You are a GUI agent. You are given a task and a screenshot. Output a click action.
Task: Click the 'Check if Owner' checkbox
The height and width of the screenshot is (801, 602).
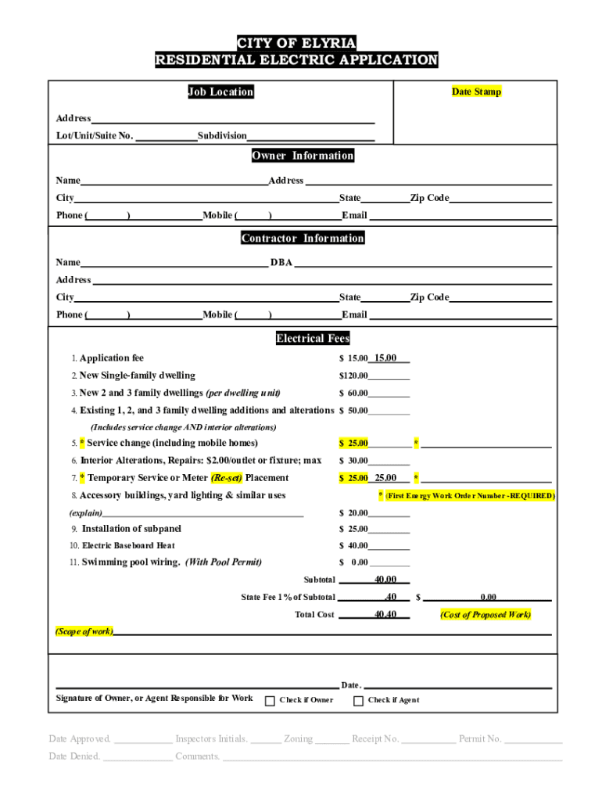click(x=270, y=700)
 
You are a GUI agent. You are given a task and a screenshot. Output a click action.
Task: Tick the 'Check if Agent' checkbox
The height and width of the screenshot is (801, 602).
click(x=358, y=700)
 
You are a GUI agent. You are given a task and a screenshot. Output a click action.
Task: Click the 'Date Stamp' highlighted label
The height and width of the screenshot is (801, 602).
click(x=476, y=92)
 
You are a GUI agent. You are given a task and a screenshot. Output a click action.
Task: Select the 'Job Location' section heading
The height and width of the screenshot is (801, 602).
click(x=220, y=92)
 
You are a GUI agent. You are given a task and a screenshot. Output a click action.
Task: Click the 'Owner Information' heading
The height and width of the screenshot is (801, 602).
click(x=303, y=156)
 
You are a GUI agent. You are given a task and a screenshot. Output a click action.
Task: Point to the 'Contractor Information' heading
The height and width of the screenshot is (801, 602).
click(x=303, y=238)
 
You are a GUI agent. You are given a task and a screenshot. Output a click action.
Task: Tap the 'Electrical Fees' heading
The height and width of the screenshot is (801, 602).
click(x=313, y=339)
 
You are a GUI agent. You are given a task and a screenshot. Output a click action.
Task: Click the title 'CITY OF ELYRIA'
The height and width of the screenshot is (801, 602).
click(x=296, y=43)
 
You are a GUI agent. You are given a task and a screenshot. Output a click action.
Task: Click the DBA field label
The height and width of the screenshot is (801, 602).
click(x=281, y=263)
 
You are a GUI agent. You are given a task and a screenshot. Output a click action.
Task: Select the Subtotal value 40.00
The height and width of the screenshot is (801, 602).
click(x=385, y=580)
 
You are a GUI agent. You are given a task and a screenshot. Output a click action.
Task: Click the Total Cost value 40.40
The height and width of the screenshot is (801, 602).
click(x=385, y=614)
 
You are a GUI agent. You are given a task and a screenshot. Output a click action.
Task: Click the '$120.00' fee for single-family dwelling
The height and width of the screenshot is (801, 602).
click(x=353, y=375)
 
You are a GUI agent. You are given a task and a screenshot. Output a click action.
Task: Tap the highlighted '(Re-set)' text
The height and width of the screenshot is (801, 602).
click(x=227, y=478)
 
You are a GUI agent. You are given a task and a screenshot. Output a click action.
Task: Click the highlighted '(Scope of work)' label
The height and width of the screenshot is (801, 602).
click(x=84, y=630)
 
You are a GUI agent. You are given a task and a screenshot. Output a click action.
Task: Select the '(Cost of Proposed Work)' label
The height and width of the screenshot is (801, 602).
click(x=485, y=614)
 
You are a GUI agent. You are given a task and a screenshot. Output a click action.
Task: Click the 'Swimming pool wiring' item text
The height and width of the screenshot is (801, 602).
click(x=131, y=562)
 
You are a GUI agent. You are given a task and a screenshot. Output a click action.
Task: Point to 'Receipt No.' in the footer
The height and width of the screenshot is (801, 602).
click(x=375, y=738)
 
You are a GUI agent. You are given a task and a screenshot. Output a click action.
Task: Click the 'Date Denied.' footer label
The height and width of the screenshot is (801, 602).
click(x=73, y=756)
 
